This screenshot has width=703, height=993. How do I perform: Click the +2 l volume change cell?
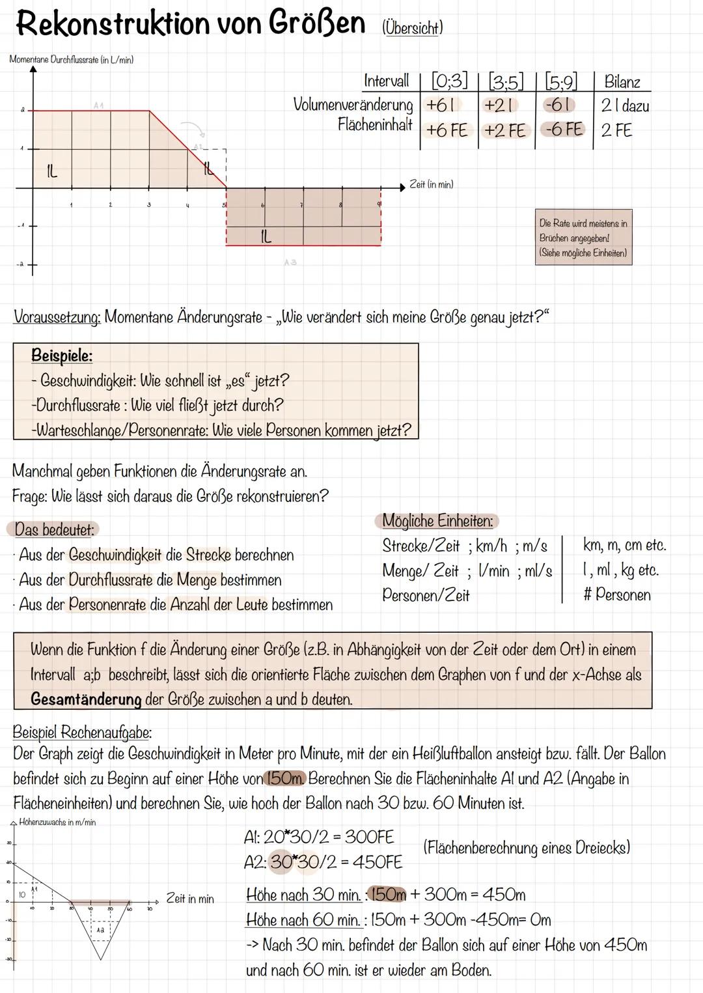[499, 105]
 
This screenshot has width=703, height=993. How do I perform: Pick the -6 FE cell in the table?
[564, 130]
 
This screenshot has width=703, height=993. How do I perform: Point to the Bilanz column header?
[622, 82]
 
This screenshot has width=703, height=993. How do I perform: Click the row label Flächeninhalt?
[375, 124]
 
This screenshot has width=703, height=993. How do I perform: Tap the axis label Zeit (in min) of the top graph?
[431, 185]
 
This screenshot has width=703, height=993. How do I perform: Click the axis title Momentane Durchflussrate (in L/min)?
[72, 60]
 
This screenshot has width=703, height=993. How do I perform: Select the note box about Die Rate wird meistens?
[583, 238]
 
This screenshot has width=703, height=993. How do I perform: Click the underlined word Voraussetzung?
[57, 318]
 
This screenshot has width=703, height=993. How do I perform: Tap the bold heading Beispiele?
[62, 356]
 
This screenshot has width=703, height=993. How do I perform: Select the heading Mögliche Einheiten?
[437, 521]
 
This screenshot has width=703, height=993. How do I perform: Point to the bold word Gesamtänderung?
[86, 700]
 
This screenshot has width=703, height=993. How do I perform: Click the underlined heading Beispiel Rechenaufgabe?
[82, 732]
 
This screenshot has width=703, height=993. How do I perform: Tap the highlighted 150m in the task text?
[284, 779]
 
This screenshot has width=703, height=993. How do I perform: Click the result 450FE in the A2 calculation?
[378, 862]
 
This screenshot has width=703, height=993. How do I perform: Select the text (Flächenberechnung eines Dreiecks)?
[526, 848]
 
